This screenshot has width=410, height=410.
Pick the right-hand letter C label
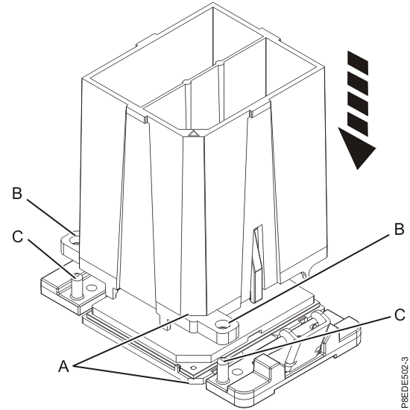pos(400,315)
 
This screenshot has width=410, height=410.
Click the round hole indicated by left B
pos(75,242)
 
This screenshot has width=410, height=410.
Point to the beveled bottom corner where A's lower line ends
pos(192,382)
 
